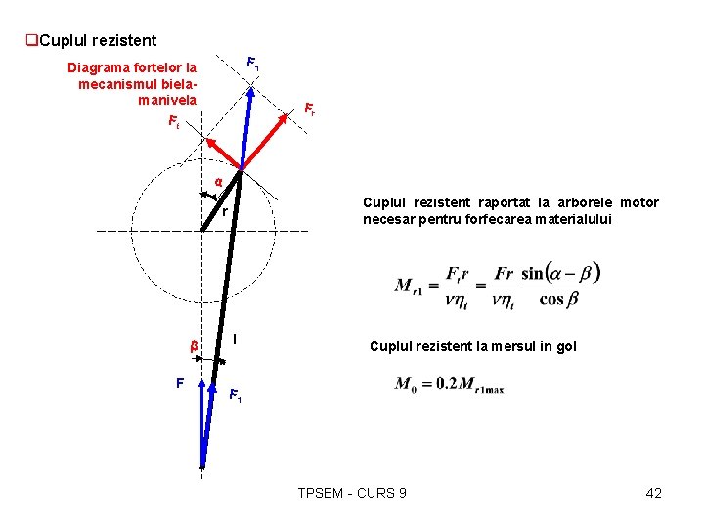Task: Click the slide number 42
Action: tap(654, 493)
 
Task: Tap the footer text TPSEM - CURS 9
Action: tap(352, 493)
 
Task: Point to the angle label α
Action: tap(218, 181)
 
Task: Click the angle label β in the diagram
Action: tap(194, 346)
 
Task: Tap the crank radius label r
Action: tap(224, 211)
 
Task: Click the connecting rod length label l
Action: tap(235, 339)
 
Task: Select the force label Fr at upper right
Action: tap(309, 108)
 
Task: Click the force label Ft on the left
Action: tap(173, 123)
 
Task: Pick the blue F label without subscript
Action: tap(179, 382)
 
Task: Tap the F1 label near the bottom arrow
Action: tap(235, 396)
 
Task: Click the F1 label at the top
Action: tap(252, 64)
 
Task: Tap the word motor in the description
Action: tap(639, 202)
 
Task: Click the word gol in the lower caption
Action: tap(566, 346)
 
